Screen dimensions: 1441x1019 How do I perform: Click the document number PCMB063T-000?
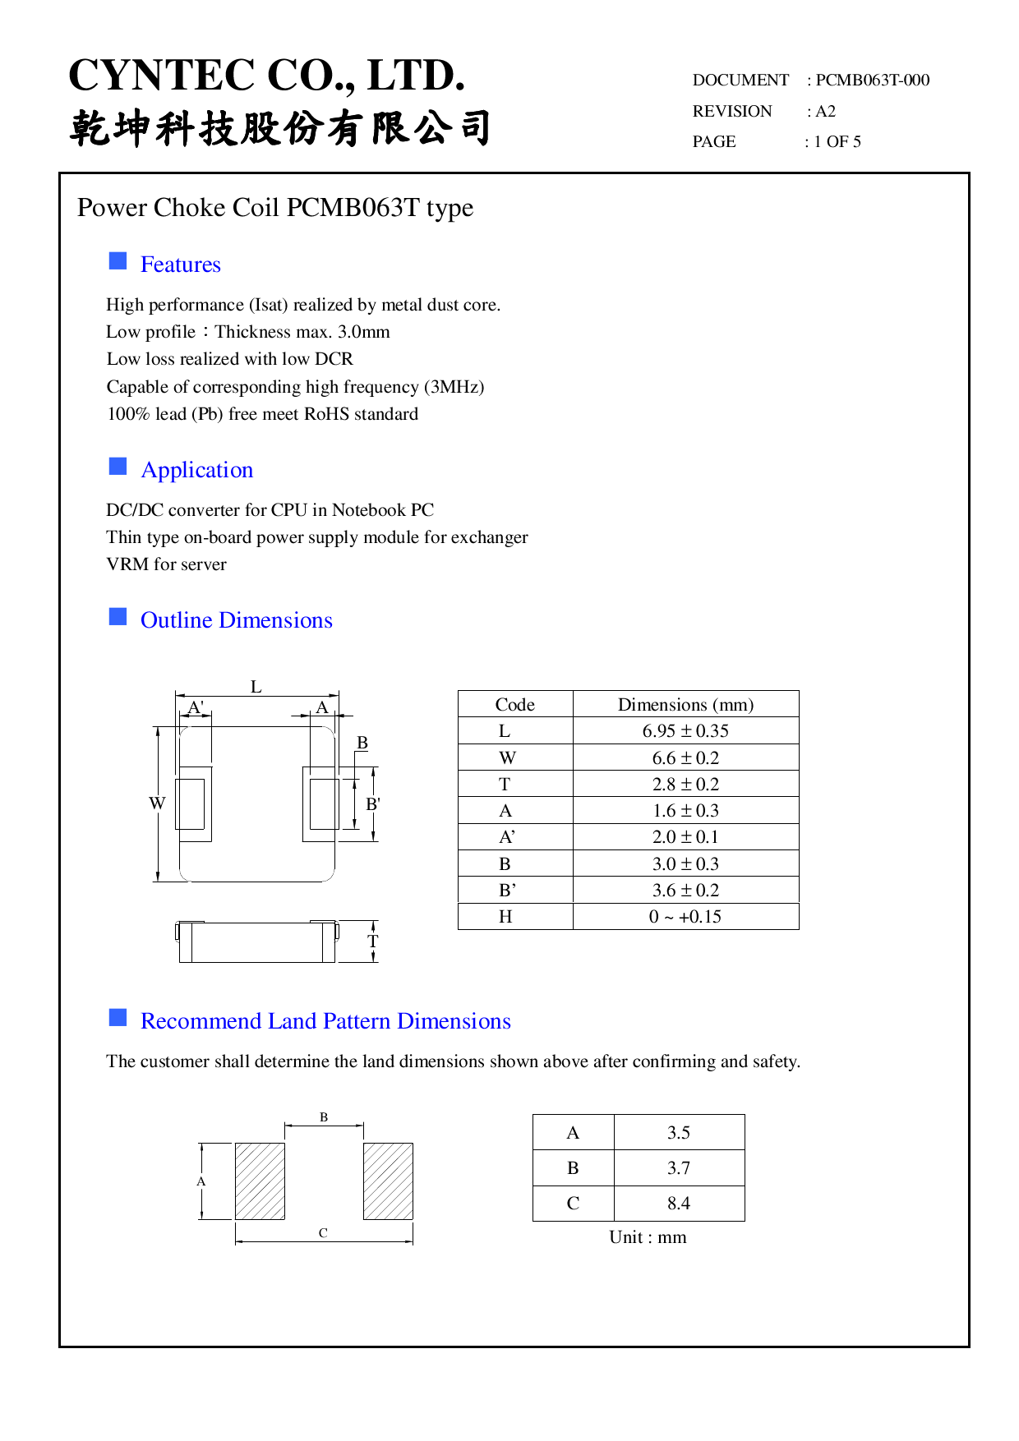(x=872, y=81)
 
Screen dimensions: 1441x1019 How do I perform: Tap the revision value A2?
(x=825, y=112)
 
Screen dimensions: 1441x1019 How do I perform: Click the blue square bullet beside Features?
(x=118, y=261)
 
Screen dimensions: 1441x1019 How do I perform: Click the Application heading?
(x=196, y=470)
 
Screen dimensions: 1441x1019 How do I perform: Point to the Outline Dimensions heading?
(x=236, y=620)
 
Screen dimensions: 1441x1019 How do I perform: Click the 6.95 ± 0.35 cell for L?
(x=685, y=731)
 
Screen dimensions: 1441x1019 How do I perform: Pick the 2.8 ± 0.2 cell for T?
(x=685, y=785)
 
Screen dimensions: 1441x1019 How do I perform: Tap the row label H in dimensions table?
(x=505, y=917)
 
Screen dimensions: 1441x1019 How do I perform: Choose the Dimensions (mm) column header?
(x=685, y=705)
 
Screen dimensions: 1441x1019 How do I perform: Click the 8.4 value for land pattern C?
(x=679, y=1204)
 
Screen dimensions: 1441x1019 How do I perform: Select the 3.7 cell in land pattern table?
(x=679, y=1168)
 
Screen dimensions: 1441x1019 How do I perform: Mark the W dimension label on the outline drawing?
(x=157, y=803)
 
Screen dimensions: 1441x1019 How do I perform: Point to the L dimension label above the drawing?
(x=256, y=687)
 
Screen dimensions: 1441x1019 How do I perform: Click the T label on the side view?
(x=372, y=941)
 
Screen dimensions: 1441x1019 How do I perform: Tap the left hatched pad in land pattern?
(x=260, y=1181)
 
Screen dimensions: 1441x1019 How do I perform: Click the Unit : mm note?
(x=648, y=1237)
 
